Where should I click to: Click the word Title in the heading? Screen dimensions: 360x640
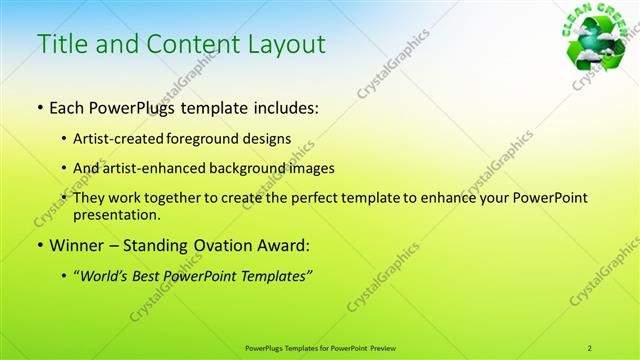coord(62,45)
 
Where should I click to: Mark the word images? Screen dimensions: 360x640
coord(308,168)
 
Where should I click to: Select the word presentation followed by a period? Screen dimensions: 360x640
coord(117,214)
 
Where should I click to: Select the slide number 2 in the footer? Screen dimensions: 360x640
coord(589,348)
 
